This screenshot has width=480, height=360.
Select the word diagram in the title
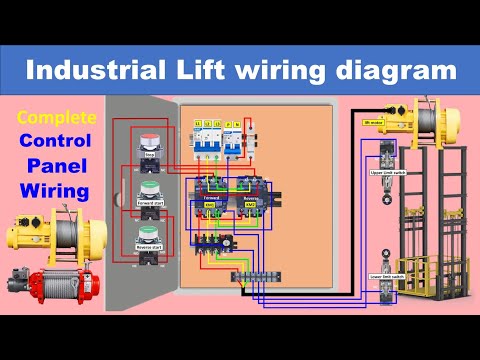(x=397, y=71)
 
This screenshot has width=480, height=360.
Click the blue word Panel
(x=56, y=164)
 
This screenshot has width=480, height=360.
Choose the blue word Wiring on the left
(x=56, y=188)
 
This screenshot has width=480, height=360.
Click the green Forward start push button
(x=148, y=189)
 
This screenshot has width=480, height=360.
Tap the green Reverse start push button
(x=148, y=240)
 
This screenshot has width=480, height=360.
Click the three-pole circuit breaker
(x=210, y=138)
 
